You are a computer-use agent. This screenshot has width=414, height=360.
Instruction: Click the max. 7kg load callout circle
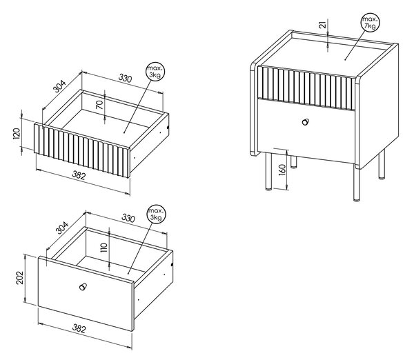[x=370, y=23]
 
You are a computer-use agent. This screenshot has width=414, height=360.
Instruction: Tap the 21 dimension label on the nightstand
[x=323, y=25]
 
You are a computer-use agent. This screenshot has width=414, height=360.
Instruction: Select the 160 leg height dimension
[x=282, y=170]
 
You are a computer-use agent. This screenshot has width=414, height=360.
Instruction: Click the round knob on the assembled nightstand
[x=306, y=122]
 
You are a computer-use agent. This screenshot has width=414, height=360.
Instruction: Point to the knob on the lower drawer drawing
[x=83, y=287]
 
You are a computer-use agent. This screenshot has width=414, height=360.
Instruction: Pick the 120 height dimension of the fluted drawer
[x=17, y=134]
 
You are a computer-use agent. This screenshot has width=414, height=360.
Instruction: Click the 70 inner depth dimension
[x=99, y=105]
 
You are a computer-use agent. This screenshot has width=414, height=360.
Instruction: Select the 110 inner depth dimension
[x=105, y=248]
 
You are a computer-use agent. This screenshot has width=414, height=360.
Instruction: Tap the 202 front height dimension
[x=20, y=278]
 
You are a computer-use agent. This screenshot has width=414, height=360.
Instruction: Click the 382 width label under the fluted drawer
[x=79, y=175]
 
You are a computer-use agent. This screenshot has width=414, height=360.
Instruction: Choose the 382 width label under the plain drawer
[x=79, y=328]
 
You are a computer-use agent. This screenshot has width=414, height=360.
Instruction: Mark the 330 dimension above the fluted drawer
[x=125, y=78]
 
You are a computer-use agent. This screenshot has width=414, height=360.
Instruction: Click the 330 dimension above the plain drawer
[x=128, y=218]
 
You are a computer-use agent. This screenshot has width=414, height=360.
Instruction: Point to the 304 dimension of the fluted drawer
[x=59, y=86]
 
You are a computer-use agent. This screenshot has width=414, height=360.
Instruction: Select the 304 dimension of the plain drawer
[x=62, y=228]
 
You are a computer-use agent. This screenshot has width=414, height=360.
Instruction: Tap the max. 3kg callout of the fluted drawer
[x=155, y=72]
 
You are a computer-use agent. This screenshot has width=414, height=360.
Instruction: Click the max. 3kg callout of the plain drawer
[x=156, y=214]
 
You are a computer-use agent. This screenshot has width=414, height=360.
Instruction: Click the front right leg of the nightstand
[x=357, y=183]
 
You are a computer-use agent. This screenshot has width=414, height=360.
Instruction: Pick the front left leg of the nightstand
[x=268, y=172]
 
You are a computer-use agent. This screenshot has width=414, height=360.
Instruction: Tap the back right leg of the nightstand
[x=382, y=163]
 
